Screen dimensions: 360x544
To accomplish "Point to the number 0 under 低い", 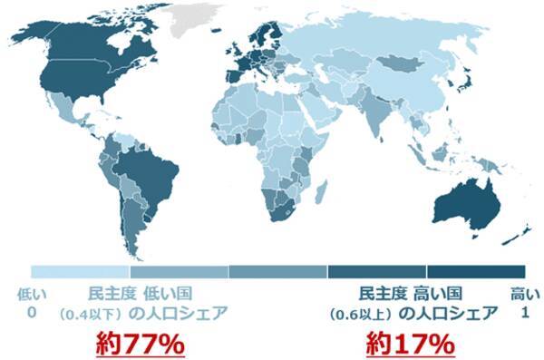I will (31, 313).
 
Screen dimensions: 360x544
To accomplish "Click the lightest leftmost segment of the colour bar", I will (80, 271).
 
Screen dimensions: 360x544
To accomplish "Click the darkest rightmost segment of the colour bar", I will (476, 271).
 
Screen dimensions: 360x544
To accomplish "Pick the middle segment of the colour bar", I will (277, 271).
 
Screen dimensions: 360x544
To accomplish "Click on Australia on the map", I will (465, 204).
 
